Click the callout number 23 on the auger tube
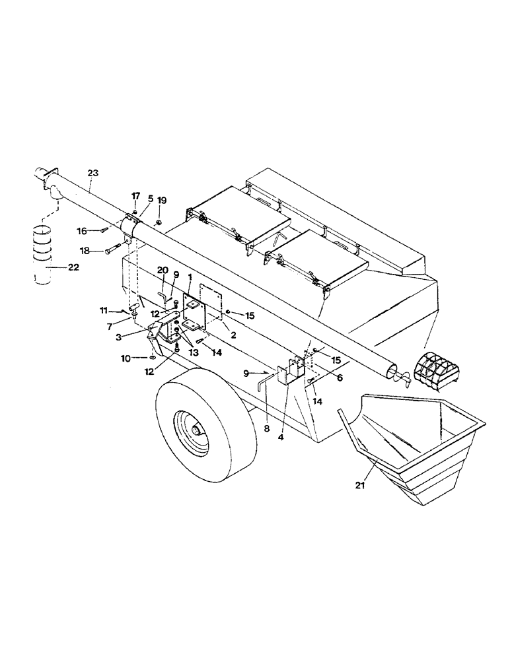(x=93, y=173)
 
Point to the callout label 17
(x=135, y=196)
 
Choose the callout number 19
(x=162, y=200)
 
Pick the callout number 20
(x=161, y=269)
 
